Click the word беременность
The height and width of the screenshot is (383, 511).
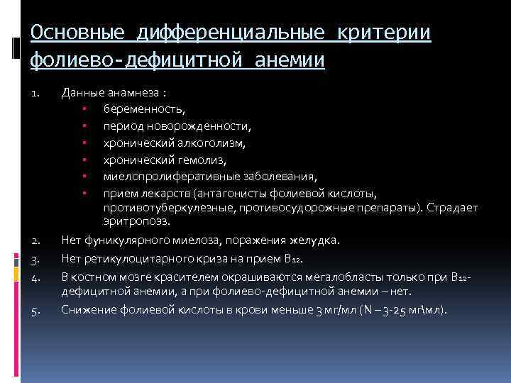click(145, 109)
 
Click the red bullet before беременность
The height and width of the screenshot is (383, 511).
click(84, 109)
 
